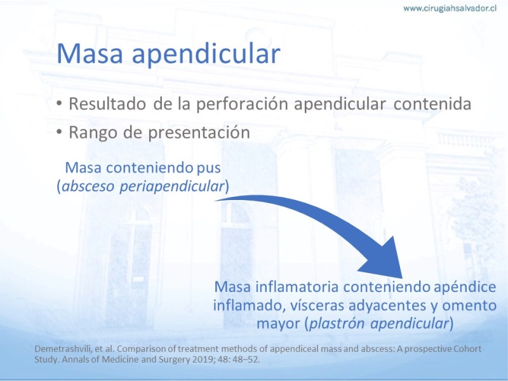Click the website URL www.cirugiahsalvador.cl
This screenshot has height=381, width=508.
tap(450, 8)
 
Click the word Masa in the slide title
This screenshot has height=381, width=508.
tap(90, 53)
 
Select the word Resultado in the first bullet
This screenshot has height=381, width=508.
tap(107, 104)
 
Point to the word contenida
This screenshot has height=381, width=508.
tap(432, 104)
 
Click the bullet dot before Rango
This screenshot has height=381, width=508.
tap(59, 132)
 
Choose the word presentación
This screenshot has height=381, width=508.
tap(199, 133)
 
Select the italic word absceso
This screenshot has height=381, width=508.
tap(88, 186)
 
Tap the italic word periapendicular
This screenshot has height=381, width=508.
tap(172, 187)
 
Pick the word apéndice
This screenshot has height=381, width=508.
tap(465, 288)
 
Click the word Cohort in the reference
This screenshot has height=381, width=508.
tap(469, 349)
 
